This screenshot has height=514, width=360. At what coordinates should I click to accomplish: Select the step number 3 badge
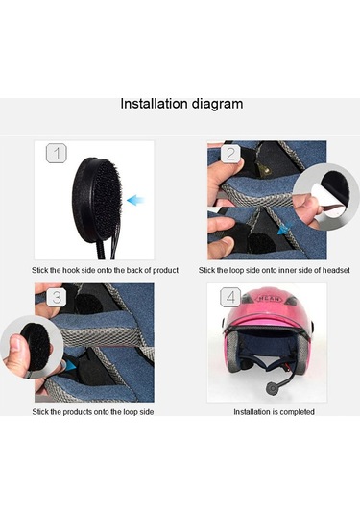coord(58,298)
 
